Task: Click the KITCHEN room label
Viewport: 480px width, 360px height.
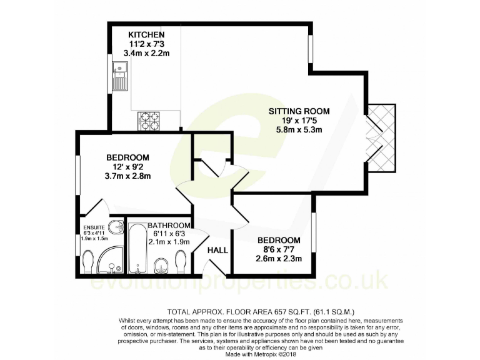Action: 146,34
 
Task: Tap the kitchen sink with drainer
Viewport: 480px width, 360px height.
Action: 119,75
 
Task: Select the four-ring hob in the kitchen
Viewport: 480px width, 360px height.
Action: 149,119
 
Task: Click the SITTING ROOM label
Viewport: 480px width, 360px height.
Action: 299,111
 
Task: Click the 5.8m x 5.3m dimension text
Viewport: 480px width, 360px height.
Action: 299,131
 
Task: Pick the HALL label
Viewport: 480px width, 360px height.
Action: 217,251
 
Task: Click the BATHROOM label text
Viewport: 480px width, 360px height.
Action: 169,225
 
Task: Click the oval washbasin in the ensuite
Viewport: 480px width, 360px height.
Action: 116,227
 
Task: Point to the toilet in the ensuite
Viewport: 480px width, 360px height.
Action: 87,261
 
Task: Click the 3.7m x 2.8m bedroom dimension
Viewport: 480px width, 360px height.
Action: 127,177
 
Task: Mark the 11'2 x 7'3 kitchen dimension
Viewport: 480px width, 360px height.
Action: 146,44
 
